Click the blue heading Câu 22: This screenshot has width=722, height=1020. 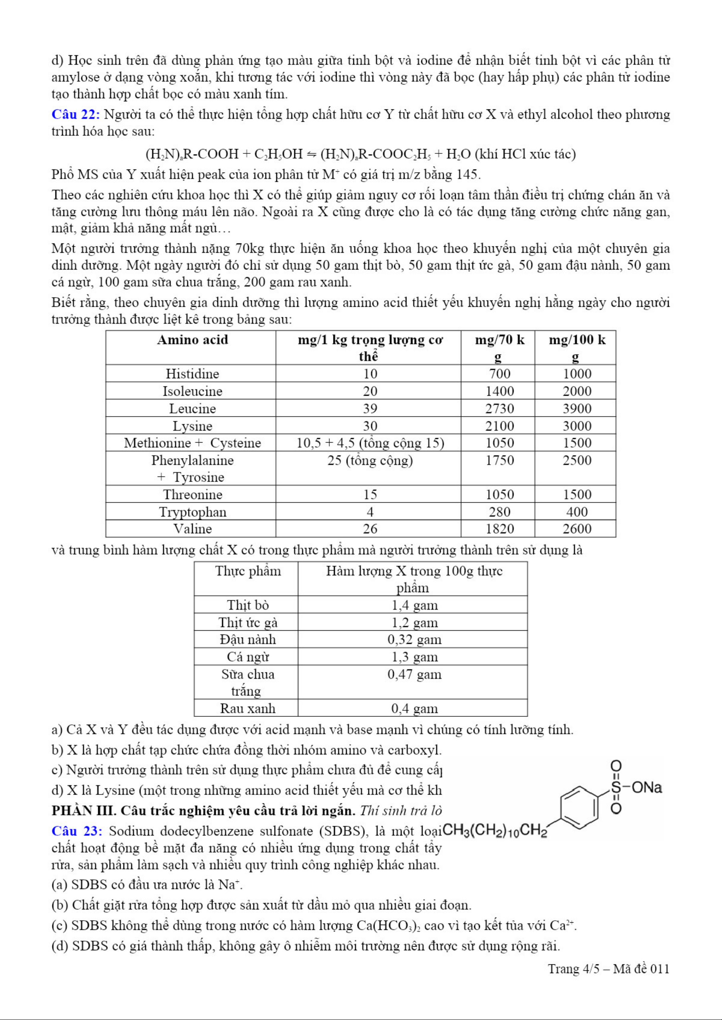76,115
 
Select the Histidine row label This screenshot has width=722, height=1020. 192,374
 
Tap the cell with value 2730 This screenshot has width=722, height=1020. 499,408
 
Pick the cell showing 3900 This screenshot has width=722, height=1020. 576,408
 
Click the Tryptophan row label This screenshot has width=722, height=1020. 192,512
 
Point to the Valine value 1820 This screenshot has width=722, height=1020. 499,529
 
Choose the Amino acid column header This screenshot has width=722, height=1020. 192,340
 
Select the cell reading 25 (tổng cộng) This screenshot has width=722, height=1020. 370,460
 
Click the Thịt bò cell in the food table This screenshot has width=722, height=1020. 248,605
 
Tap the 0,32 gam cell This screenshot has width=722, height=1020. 415,639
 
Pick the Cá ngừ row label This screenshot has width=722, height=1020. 248,657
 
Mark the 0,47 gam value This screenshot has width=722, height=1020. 415,674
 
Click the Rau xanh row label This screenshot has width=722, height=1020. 248,708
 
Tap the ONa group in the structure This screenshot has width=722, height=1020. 646,788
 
